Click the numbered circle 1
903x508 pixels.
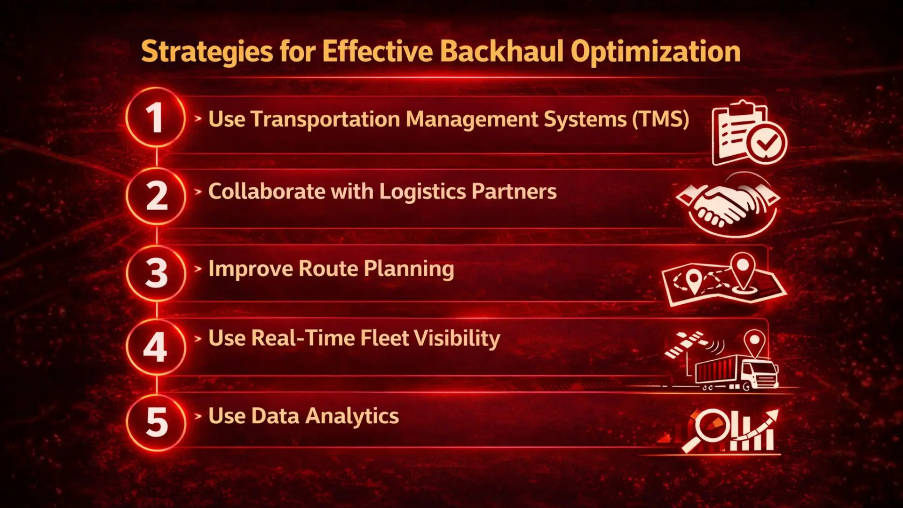[x=156, y=118]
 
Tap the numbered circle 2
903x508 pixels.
[x=156, y=196]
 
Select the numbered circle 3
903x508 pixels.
[x=156, y=273]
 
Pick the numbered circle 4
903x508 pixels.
[x=156, y=347]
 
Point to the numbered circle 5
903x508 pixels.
[x=156, y=422]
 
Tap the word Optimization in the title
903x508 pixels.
[x=656, y=52]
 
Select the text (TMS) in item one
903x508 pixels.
[x=661, y=119]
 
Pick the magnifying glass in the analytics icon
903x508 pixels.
[x=710, y=428]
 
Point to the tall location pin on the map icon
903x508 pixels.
[x=742, y=269]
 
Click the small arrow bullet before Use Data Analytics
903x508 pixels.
[x=198, y=416]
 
